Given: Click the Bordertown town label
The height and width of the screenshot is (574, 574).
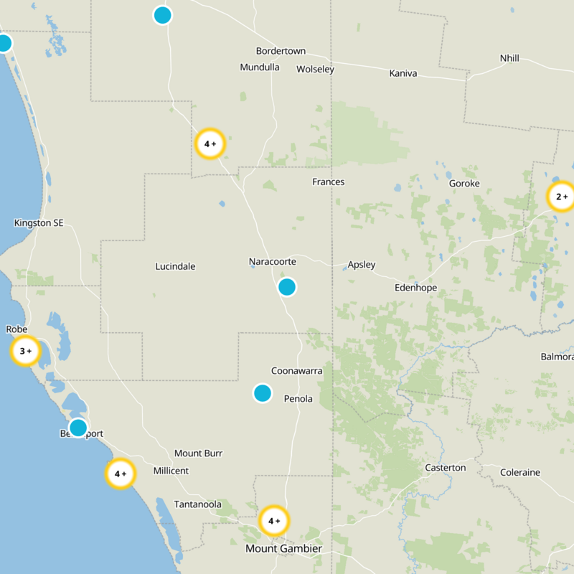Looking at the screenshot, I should (281, 51).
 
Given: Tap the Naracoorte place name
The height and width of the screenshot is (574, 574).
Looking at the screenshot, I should (272, 262).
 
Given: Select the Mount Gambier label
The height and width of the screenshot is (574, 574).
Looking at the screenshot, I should (283, 549).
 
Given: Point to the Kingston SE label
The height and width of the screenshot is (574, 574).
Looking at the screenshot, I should (39, 223).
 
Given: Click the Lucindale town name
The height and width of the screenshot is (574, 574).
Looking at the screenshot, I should (175, 267).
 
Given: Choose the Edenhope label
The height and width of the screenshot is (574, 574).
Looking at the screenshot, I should (415, 288).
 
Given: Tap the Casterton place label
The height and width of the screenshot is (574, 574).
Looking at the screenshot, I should (445, 468).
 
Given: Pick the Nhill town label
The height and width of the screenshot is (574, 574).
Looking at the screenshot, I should (509, 58).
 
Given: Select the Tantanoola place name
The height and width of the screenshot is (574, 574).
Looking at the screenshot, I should (197, 504).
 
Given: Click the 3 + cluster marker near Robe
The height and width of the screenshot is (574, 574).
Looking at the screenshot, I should (26, 352).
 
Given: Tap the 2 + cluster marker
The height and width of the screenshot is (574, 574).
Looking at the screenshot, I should (561, 197).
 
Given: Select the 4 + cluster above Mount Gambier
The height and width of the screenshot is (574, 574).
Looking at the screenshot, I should (273, 522).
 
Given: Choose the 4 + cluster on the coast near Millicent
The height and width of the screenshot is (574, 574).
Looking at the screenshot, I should (121, 474).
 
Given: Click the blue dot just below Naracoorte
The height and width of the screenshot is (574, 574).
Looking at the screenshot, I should (287, 287).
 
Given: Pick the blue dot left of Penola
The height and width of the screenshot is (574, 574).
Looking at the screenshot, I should (263, 393).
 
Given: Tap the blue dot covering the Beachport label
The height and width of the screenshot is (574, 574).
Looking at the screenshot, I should (77, 428).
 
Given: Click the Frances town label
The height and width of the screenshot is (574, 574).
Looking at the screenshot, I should (328, 182).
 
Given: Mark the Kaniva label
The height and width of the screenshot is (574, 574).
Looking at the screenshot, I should (403, 73).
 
